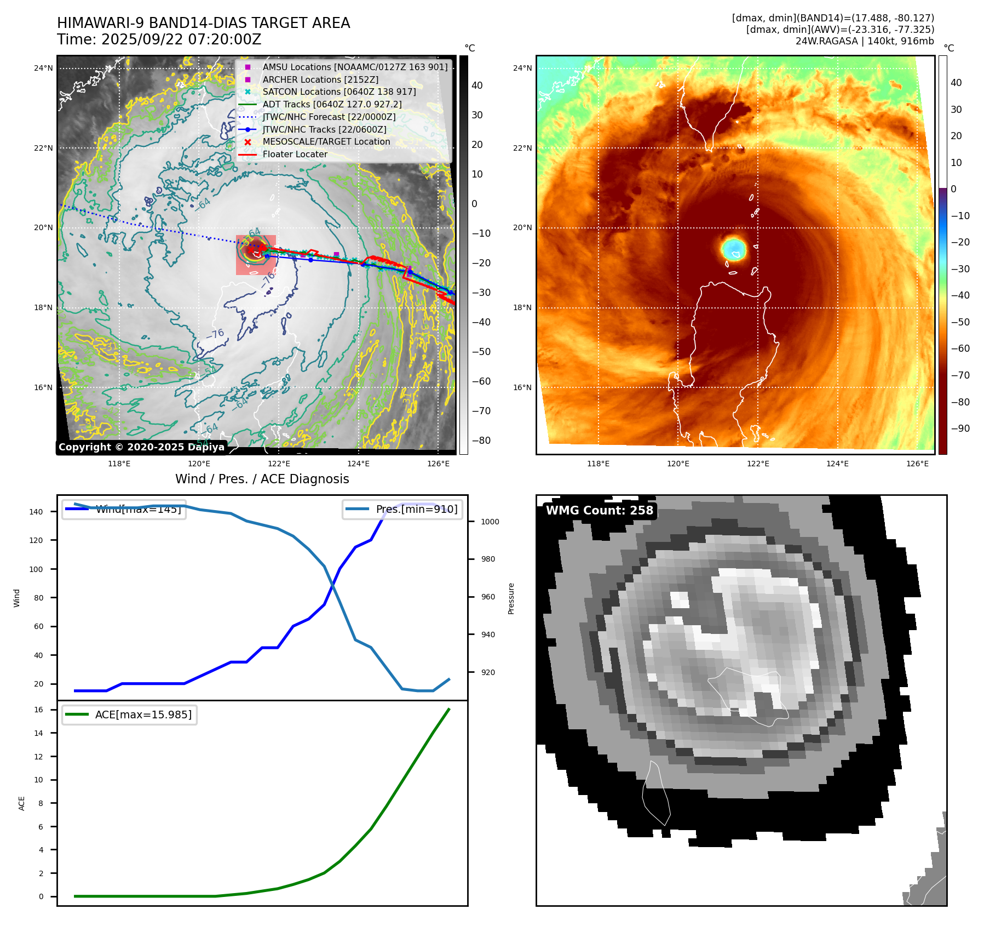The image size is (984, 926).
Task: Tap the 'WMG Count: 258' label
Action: [x=600, y=511]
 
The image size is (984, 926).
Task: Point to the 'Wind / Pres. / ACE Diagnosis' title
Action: [x=262, y=479]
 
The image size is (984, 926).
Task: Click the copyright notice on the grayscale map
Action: [x=141, y=447]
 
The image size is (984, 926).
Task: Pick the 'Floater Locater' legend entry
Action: [x=295, y=155]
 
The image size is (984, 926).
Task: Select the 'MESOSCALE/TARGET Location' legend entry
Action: [x=326, y=142]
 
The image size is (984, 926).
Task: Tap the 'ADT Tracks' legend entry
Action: [x=332, y=104]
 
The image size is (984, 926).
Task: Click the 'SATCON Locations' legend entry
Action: [x=339, y=92]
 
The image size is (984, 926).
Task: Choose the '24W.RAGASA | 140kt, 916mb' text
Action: [x=865, y=41]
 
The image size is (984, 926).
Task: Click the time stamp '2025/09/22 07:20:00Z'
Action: [x=181, y=40]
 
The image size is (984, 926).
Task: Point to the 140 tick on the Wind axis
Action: [x=36, y=512]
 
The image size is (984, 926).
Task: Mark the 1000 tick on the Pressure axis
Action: [x=490, y=522]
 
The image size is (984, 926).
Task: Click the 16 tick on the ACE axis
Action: [x=39, y=710]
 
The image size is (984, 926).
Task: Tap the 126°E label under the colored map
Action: [x=917, y=464]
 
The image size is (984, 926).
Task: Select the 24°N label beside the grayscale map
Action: [x=43, y=68]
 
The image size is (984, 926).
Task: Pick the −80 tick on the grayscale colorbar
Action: [x=481, y=441]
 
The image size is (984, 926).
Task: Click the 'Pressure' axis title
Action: [x=511, y=598]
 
